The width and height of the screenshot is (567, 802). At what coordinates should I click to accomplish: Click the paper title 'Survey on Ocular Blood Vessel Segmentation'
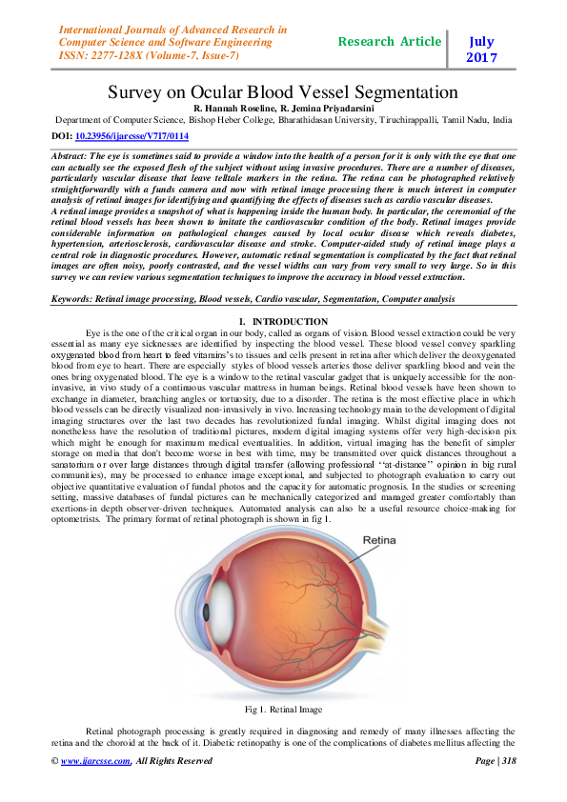283,92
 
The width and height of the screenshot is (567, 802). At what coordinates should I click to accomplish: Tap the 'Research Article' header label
389,42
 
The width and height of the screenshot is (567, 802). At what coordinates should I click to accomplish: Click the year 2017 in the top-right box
481,58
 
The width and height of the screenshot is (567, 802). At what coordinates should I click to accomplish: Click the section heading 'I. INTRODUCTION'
283,322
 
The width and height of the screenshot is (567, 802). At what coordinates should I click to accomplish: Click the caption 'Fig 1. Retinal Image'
283,710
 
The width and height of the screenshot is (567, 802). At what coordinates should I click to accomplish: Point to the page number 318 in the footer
507,761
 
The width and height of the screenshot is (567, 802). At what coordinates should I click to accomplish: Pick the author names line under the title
283,110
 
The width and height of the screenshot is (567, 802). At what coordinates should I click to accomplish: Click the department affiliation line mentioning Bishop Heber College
283,121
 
